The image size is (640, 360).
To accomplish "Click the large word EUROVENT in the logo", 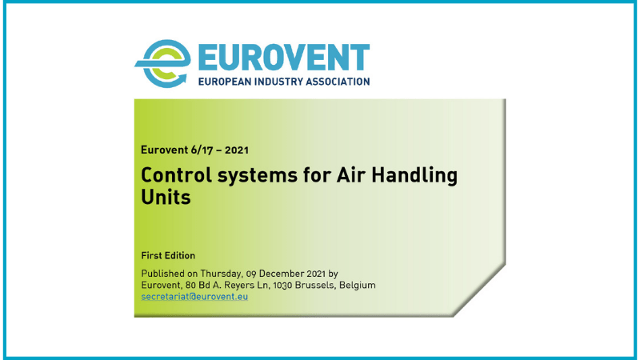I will tap(274, 56).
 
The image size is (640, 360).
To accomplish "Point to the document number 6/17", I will tap(205, 150).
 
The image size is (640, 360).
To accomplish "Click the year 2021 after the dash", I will tap(245, 150).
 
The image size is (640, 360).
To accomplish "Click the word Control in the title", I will tap(171, 175).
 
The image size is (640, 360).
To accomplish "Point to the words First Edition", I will tap(168, 256).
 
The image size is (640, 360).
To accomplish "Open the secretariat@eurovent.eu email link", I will tap(194, 296).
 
